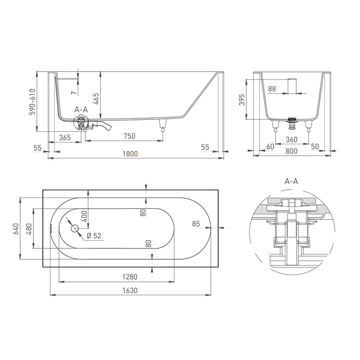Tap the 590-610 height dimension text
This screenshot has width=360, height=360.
pos(32,101)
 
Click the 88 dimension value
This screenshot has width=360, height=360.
pos(272,89)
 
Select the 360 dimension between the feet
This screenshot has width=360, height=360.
pos(292,139)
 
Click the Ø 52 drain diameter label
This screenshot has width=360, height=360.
pos(94,236)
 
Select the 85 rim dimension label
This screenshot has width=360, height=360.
pos(195,224)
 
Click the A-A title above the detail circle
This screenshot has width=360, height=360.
pos(292,182)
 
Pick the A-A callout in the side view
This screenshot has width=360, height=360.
pos(81,110)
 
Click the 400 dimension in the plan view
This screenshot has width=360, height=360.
pos(84,215)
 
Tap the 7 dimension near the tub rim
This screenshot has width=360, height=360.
pos(74,92)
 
